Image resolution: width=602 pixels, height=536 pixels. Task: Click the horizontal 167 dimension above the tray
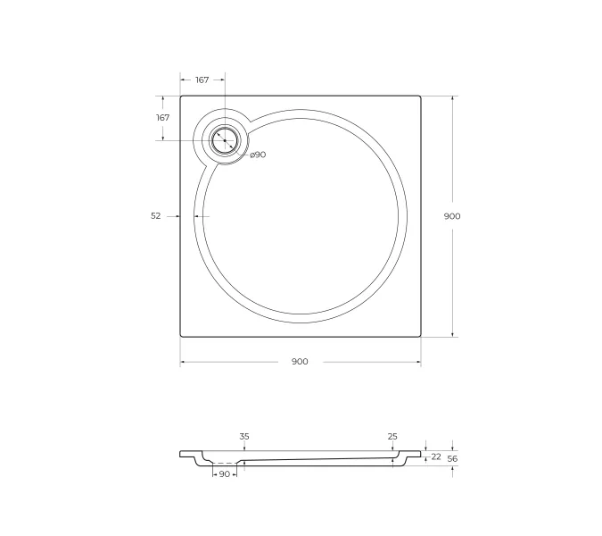(202, 80)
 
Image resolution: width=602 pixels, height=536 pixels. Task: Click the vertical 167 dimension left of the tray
(163, 118)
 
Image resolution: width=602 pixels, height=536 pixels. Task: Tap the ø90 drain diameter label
(258, 155)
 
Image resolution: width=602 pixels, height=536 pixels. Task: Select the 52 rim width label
(156, 215)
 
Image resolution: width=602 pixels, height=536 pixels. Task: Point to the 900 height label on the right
(452, 215)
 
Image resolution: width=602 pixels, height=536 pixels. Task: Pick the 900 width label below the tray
(300, 362)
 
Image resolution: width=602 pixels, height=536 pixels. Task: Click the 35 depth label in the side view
(244, 436)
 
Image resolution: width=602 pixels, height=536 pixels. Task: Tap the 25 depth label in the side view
(392, 436)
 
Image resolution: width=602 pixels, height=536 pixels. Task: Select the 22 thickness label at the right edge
(436, 456)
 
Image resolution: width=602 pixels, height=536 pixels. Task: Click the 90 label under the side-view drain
(224, 474)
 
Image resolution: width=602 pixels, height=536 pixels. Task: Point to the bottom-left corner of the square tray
(181, 336)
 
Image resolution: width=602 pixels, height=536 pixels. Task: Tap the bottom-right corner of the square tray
(420, 336)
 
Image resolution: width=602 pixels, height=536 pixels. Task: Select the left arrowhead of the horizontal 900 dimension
(183, 362)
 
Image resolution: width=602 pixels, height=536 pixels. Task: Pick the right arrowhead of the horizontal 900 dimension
(418, 362)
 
